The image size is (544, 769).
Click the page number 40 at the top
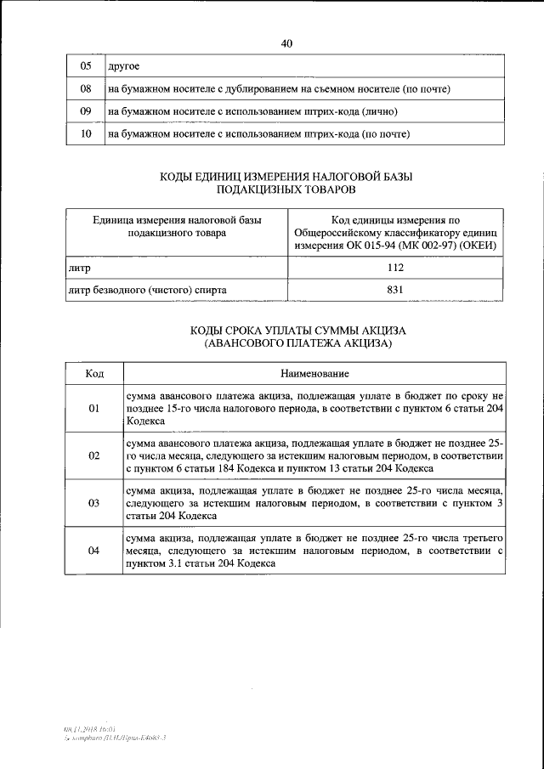pyautogui.click(x=286, y=44)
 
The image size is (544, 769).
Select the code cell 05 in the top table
pyautogui.click(x=85, y=66)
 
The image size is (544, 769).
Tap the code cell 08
pyautogui.click(x=85, y=88)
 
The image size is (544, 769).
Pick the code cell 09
pyautogui.click(x=85, y=111)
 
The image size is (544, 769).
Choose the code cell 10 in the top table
pyautogui.click(x=85, y=134)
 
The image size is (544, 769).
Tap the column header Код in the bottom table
pyautogui.click(x=94, y=374)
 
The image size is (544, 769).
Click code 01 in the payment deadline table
pyautogui.click(x=94, y=409)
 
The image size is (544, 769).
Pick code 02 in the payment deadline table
pyautogui.click(x=94, y=455)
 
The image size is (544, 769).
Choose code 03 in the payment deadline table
pyautogui.click(x=94, y=503)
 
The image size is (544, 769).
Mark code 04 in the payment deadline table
pyautogui.click(x=94, y=551)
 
